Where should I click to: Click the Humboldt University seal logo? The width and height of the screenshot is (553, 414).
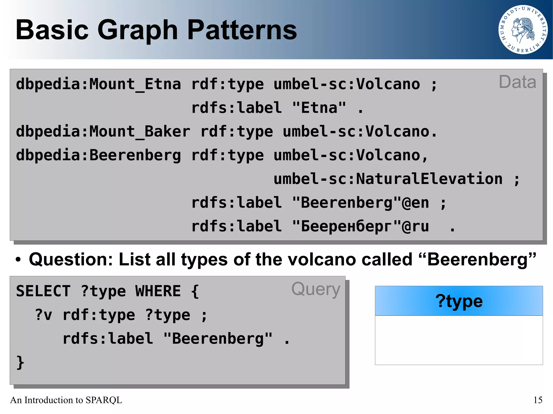point(523,30)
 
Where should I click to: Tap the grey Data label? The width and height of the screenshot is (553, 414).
point(517,82)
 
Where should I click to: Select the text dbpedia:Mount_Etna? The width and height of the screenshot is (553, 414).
point(98,84)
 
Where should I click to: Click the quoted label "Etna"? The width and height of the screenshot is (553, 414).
point(319,108)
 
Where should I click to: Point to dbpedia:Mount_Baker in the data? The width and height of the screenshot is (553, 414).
point(103,132)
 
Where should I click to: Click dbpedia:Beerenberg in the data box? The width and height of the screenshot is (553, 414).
point(98,155)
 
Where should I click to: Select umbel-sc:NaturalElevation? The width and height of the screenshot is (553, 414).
point(388,179)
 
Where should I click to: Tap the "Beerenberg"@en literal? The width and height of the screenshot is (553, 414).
point(360,203)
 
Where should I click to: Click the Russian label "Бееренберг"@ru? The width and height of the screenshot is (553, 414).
point(360,226)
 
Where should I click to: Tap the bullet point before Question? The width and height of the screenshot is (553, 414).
point(18,260)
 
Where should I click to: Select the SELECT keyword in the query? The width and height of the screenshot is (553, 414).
point(43,291)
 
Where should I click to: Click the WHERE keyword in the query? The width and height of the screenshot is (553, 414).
point(158,291)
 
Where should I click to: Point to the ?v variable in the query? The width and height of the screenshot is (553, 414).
point(43,315)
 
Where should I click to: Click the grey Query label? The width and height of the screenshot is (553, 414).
point(316,289)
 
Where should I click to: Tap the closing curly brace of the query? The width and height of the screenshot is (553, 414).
point(20,362)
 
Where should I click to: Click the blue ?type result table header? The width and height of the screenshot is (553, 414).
point(458,301)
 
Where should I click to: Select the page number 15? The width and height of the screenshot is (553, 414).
point(538,400)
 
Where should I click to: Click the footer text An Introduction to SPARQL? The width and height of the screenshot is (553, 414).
point(66,400)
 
